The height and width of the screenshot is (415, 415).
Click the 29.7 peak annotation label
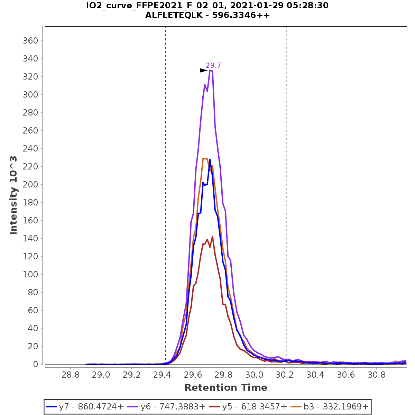pos(213,65)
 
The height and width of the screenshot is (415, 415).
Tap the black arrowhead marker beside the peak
pos(203,71)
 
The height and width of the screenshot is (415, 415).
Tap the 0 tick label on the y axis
pos(36,365)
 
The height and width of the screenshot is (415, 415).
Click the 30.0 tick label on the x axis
pos(254,375)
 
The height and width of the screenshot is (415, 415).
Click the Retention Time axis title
pos(225,388)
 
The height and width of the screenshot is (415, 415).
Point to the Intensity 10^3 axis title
pos(13,195)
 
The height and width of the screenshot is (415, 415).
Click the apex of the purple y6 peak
pos(210,70)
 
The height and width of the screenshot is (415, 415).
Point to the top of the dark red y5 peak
pos(212,236)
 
